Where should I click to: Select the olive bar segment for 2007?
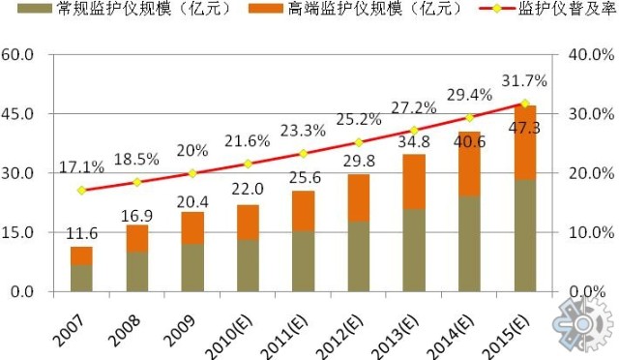81,278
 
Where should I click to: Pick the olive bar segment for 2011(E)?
303,260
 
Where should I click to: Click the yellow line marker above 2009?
192,173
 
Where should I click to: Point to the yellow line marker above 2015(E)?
525,103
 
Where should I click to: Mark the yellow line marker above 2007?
81,191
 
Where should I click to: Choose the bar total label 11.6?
81,233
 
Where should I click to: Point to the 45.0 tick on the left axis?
24,113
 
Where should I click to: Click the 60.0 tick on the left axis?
24,54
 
